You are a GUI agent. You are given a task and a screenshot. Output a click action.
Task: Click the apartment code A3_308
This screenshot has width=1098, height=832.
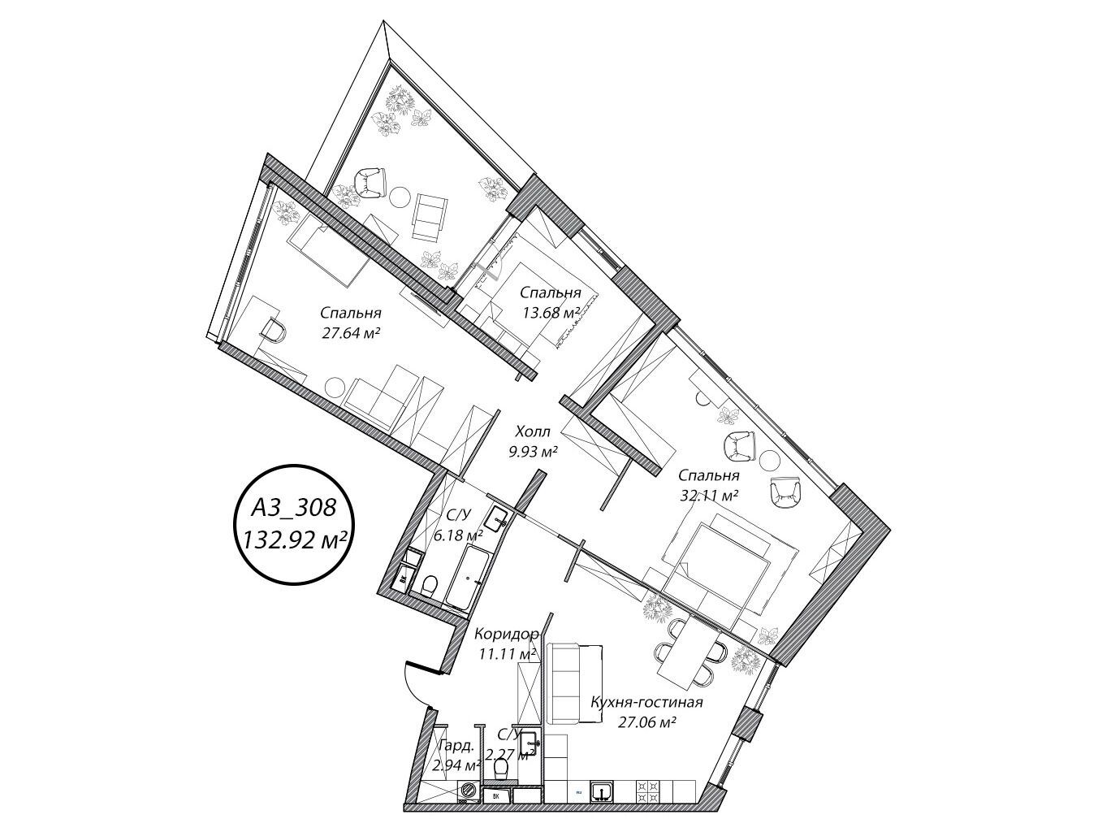(x=293, y=509)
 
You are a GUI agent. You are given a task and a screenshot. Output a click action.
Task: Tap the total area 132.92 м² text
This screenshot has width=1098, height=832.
(x=295, y=539)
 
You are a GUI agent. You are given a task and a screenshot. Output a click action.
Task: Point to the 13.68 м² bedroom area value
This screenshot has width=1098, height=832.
(x=551, y=313)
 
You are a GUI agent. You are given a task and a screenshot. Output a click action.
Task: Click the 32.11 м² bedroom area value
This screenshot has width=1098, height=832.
(x=709, y=496)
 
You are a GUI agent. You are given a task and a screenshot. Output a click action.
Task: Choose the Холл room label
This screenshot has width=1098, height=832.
(x=533, y=431)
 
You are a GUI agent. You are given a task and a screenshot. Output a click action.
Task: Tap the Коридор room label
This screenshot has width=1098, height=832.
(x=506, y=635)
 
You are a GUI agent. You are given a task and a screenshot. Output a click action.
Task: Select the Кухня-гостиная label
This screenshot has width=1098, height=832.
(x=646, y=703)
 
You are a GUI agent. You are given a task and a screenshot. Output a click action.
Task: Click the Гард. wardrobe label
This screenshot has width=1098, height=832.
(x=456, y=747)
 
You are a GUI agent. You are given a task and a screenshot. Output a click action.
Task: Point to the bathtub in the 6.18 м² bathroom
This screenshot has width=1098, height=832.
(x=467, y=576)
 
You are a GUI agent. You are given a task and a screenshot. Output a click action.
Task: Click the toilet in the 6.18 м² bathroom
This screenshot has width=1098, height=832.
(x=429, y=584)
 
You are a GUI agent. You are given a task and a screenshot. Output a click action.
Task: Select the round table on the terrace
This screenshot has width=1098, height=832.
(x=400, y=196)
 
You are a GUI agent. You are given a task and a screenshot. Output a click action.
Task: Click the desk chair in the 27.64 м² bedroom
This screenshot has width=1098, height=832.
(x=273, y=331)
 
